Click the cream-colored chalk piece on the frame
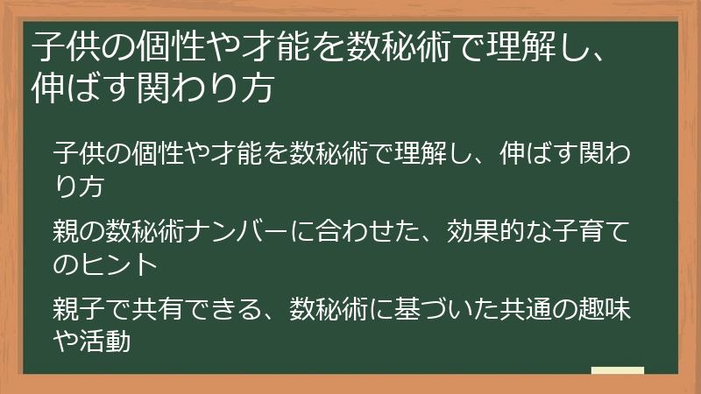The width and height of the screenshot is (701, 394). (618, 371)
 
